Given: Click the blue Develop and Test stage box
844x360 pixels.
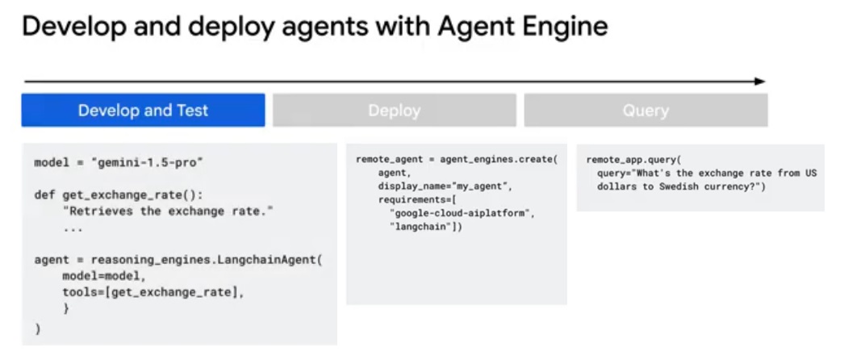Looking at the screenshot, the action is click(x=143, y=111).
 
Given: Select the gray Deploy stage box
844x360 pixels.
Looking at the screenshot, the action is click(x=395, y=111).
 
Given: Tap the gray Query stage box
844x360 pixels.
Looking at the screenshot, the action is click(x=646, y=111).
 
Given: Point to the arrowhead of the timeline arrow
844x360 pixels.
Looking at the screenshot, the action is click(x=760, y=82).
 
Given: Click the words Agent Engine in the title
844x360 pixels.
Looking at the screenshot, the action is click(x=523, y=27).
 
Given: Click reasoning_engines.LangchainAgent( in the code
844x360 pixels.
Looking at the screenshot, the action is click(x=207, y=260).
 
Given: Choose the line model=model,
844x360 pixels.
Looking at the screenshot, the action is click(x=104, y=276).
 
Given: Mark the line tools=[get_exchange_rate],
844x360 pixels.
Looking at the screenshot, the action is click(x=153, y=292).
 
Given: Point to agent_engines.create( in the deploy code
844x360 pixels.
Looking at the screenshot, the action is click(x=499, y=159).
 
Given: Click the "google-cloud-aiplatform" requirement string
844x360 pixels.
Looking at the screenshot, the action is click(x=462, y=213).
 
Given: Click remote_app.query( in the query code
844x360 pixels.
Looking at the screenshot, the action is click(x=634, y=160).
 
